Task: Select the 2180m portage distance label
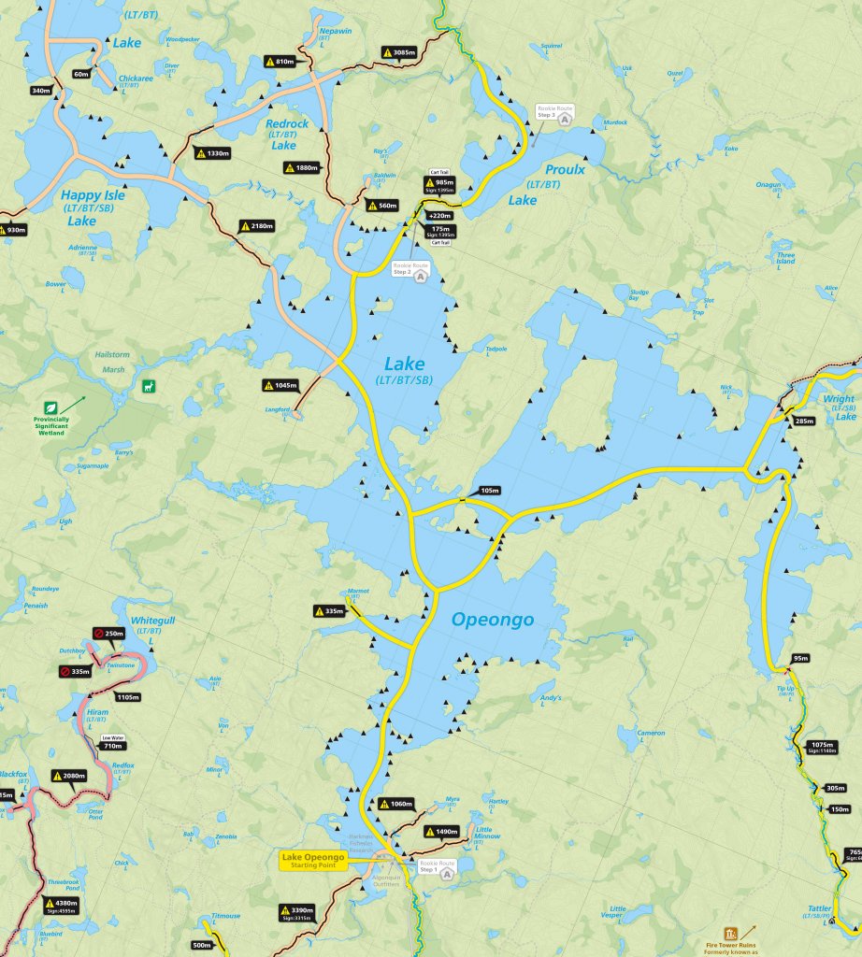point(257,226)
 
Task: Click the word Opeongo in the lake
point(492,620)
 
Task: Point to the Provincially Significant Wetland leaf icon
point(51,408)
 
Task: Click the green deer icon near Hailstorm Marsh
point(148,386)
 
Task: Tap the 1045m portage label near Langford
point(280,385)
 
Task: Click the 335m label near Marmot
point(331,611)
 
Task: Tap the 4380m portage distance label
point(61,904)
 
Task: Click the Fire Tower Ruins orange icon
point(730,933)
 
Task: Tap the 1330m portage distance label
point(212,153)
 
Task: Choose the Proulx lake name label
point(567,170)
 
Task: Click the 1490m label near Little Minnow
point(441,831)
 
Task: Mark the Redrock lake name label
point(286,124)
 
